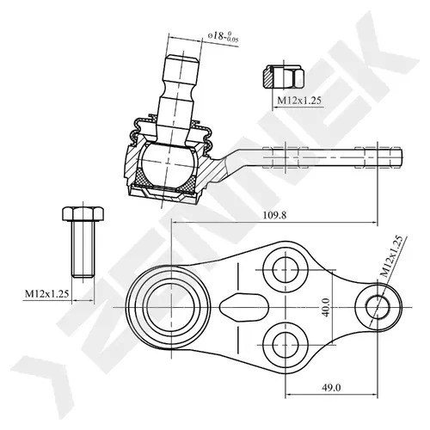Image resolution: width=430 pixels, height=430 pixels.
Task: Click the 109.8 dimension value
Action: [x=274, y=215]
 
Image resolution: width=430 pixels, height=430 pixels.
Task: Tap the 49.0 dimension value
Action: [x=331, y=388]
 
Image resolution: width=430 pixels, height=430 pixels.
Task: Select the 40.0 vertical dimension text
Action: [x=326, y=307]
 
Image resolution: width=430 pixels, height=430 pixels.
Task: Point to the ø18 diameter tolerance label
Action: [x=224, y=36]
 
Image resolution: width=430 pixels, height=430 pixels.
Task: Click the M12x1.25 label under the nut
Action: [x=299, y=101]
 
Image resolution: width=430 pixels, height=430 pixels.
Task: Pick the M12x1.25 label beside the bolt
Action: [x=46, y=293]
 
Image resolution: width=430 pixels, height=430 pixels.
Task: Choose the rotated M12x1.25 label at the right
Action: [x=392, y=256]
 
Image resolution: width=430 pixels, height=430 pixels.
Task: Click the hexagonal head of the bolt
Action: [x=83, y=213]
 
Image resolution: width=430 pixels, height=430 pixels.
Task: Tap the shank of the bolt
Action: [x=83, y=249]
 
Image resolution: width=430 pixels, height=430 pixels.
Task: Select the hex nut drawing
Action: [x=283, y=77]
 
